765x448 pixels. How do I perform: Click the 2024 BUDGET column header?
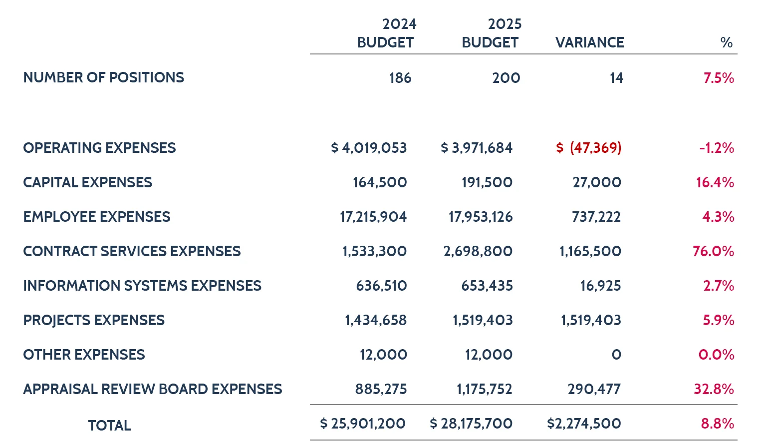tap(386, 33)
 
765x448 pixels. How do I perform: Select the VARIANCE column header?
tap(589, 42)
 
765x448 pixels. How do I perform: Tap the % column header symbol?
tap(726, 42)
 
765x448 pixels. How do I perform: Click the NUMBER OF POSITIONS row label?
tap(103, 77)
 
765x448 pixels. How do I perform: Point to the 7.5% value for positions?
tap(719, 78)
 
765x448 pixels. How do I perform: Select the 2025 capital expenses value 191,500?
tap(487, 182)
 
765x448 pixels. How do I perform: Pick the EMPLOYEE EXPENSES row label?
tap(97, 217)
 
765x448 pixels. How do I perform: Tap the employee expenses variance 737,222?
tap(596, 217)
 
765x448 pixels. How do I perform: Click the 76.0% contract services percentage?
tap(713, 251)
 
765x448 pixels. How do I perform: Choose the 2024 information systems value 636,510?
tap(381, 286)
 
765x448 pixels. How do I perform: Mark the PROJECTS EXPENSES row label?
tap(94, 320)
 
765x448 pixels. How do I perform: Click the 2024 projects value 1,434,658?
tap(376, 320)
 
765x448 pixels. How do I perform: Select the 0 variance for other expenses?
tap(616, 355)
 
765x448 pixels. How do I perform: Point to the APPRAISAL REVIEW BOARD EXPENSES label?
tap(153, 389)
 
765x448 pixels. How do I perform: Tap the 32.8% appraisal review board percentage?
tap(714, 389)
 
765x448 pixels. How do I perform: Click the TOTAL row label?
tap(109, 426)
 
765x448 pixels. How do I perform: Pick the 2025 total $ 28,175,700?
tap(471, 424)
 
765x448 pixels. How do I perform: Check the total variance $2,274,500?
tap(584, 424)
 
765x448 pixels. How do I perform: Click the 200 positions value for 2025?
tap(506, 78)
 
